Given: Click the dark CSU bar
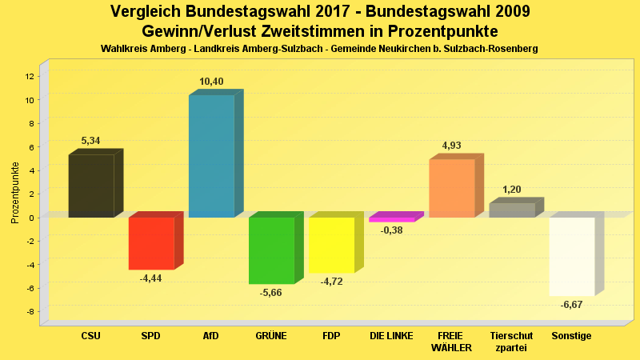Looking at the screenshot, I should pos(91,186).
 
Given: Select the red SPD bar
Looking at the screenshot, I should pos(151,243).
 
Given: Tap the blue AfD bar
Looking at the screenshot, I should pos(211,156).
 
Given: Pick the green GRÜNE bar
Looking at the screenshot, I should pos(271,250).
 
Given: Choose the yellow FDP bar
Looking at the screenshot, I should pos(331,245).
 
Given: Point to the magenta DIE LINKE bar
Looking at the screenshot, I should pos(391,219).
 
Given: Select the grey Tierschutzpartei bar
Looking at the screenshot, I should pos(512,210).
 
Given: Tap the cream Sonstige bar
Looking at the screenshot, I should pos(572,256).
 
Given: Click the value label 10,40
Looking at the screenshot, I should pos(211,82).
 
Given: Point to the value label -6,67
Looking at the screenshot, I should pos(572,305).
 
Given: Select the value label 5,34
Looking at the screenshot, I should pos(91,141).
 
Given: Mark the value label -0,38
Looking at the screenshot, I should pos(392,230).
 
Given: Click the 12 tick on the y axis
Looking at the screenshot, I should pos(30,76).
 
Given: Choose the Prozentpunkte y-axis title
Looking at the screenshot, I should pos(14,193).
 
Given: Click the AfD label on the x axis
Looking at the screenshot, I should pos(211,336).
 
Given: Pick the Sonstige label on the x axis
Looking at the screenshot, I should pos(572,336).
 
